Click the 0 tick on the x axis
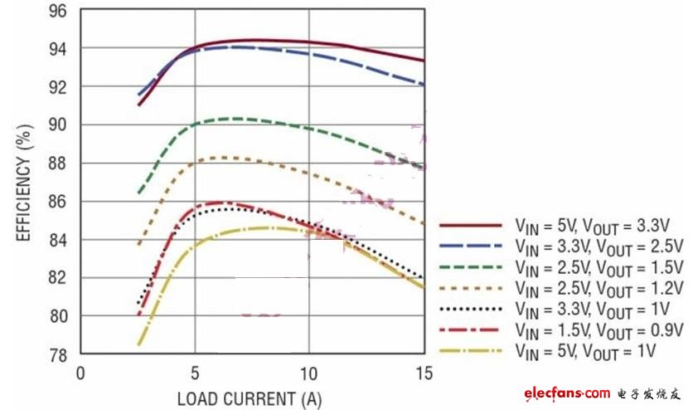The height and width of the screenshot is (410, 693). coord(80,373)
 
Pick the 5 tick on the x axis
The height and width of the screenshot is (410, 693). coord(196,373)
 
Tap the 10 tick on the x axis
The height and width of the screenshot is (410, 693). coord(310,373)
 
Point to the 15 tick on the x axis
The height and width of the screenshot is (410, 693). coord(424,373)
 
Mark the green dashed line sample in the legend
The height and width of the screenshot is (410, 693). coord(470,267)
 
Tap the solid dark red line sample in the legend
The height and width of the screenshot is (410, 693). coord(470,225)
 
